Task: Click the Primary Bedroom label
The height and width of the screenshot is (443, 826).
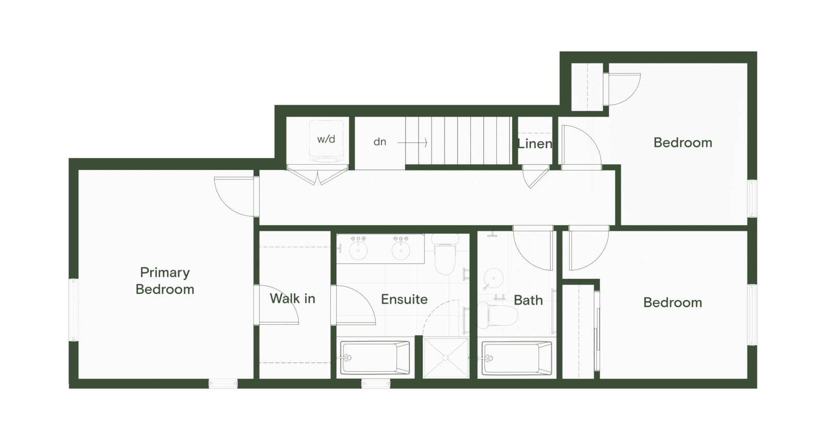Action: coord(165,280)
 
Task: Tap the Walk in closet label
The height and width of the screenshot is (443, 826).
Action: coord(292,298)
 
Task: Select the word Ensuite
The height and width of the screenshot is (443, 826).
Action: coord(404,299)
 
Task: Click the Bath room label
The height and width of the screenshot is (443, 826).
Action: coord(528,300)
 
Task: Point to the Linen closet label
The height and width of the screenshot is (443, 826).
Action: coord(535,144)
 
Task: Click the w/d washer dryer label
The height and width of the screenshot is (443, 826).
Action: coord(326,139)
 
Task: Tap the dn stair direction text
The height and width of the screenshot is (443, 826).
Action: coord(379,141)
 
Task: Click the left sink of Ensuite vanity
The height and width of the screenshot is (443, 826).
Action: coord(358,250)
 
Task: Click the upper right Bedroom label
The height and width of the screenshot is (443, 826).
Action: coord(682,143)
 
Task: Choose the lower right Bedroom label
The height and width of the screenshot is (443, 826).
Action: coord(672,303)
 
